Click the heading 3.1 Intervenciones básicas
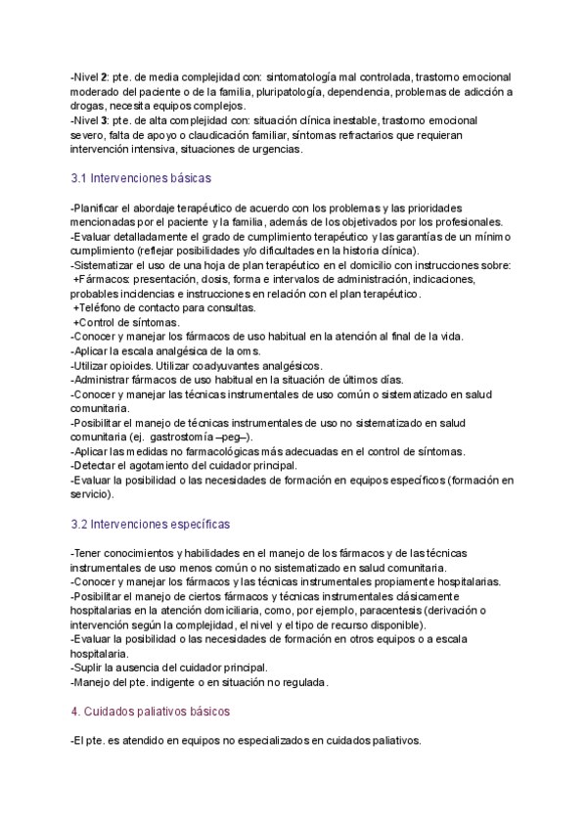pyautogui.click(x=141, y=179)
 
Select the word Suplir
pyautogui.click(x=91, y=668)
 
